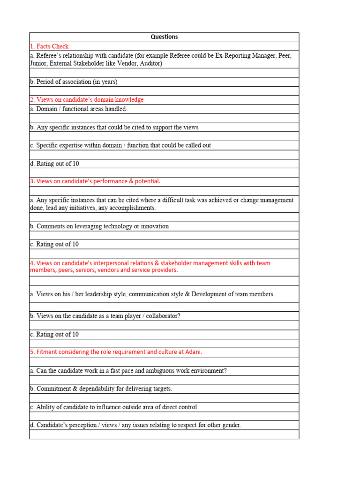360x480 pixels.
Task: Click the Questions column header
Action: pos(164,37)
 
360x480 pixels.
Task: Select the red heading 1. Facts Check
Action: pos(49,46)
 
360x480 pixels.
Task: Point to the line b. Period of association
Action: pos(74,82)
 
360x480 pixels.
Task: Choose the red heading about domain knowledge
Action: pos(87,100)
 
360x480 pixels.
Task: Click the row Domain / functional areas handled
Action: pos(78,109)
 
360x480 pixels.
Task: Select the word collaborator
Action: pos(161,316)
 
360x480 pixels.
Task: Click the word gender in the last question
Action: pos(230,425)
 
